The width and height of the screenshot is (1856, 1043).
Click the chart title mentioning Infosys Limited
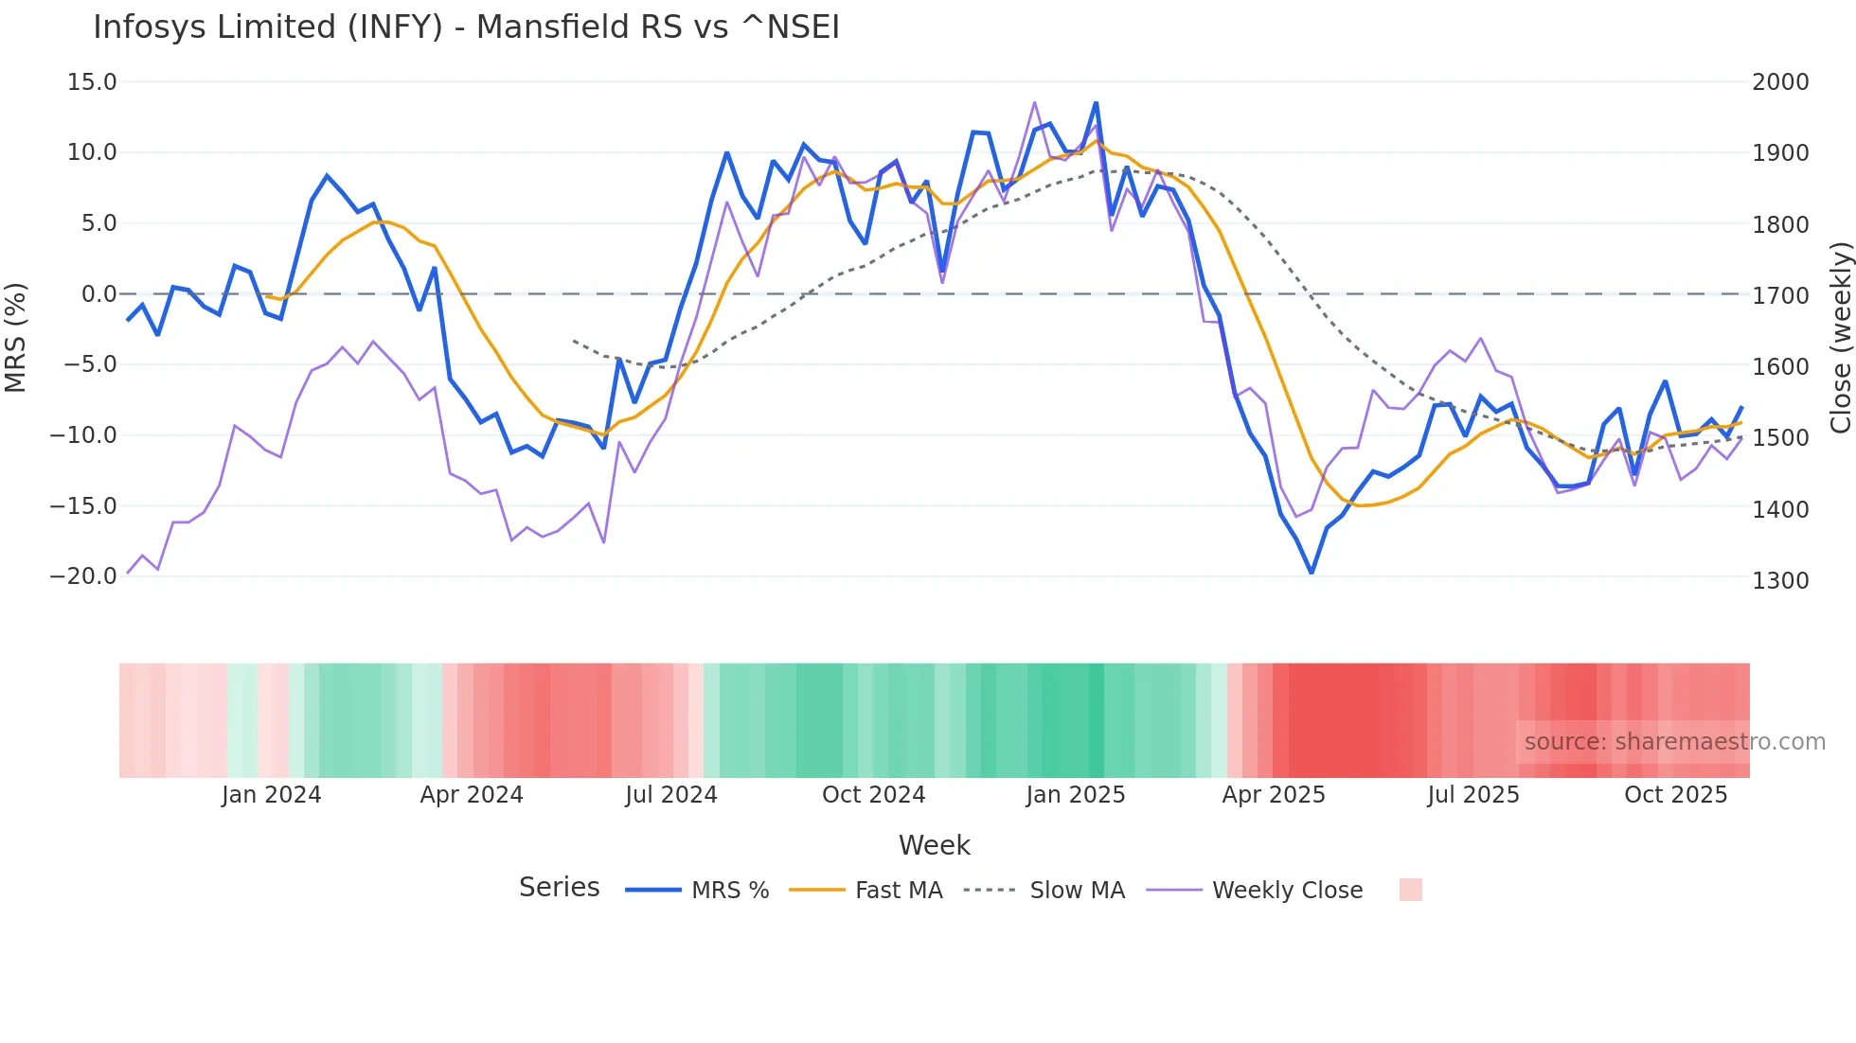click(466, 27)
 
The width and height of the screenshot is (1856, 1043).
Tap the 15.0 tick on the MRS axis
click(92, 82)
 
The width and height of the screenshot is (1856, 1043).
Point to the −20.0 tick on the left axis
click(83, 576)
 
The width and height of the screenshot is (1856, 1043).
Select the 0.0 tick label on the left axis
click(98, 294)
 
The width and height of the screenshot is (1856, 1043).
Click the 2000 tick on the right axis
click(1780, 82)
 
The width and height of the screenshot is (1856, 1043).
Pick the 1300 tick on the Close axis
click(1780, 581)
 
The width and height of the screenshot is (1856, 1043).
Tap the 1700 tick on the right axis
click(1780, 296)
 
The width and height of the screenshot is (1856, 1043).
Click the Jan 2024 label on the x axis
click(272, 795)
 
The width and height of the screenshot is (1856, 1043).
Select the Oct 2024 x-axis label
click(873, 795)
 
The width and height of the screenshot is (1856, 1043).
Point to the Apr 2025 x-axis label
click(1274, 795)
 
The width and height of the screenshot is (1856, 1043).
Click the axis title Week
click(934, 845)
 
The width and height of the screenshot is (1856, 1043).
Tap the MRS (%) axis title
click(16, 337)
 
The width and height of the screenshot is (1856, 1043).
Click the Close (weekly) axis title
click(1841, 337)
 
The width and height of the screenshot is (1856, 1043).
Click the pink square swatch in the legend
click(1410, 890)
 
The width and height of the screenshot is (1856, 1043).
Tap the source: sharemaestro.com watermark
click(1674, 742)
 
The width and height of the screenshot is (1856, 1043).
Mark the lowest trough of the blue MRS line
click(1312, 573)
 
